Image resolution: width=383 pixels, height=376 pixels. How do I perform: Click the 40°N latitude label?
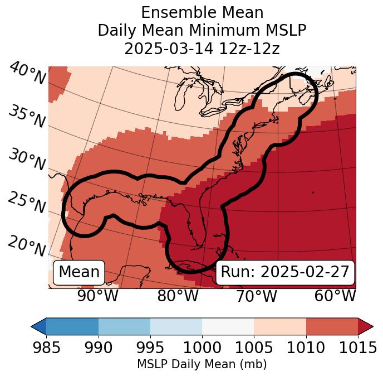tap(27, 74)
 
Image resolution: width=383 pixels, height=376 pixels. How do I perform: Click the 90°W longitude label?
tap(98, 296)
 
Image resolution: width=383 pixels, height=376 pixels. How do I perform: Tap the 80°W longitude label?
tap(178, 296)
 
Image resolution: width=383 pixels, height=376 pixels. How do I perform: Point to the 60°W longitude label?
tap(335, 296)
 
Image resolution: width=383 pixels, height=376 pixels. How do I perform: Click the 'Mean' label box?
tap(79, 272)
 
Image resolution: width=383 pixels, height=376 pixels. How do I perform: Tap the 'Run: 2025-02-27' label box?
tap(285, 272)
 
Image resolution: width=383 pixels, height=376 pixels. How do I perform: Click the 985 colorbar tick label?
tap(46, 348)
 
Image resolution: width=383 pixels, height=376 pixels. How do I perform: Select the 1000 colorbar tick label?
tap(202, 348)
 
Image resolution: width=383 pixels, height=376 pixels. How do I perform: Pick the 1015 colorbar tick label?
tap(358, 348)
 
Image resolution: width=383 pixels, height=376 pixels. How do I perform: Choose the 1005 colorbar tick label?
tap(254, 348)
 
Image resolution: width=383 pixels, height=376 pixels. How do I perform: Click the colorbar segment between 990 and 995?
tap(124, 326)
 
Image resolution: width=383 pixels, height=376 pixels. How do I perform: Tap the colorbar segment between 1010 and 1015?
tap(332, 326)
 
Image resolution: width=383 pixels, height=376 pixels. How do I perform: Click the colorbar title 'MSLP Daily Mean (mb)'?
tap(202, 364)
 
